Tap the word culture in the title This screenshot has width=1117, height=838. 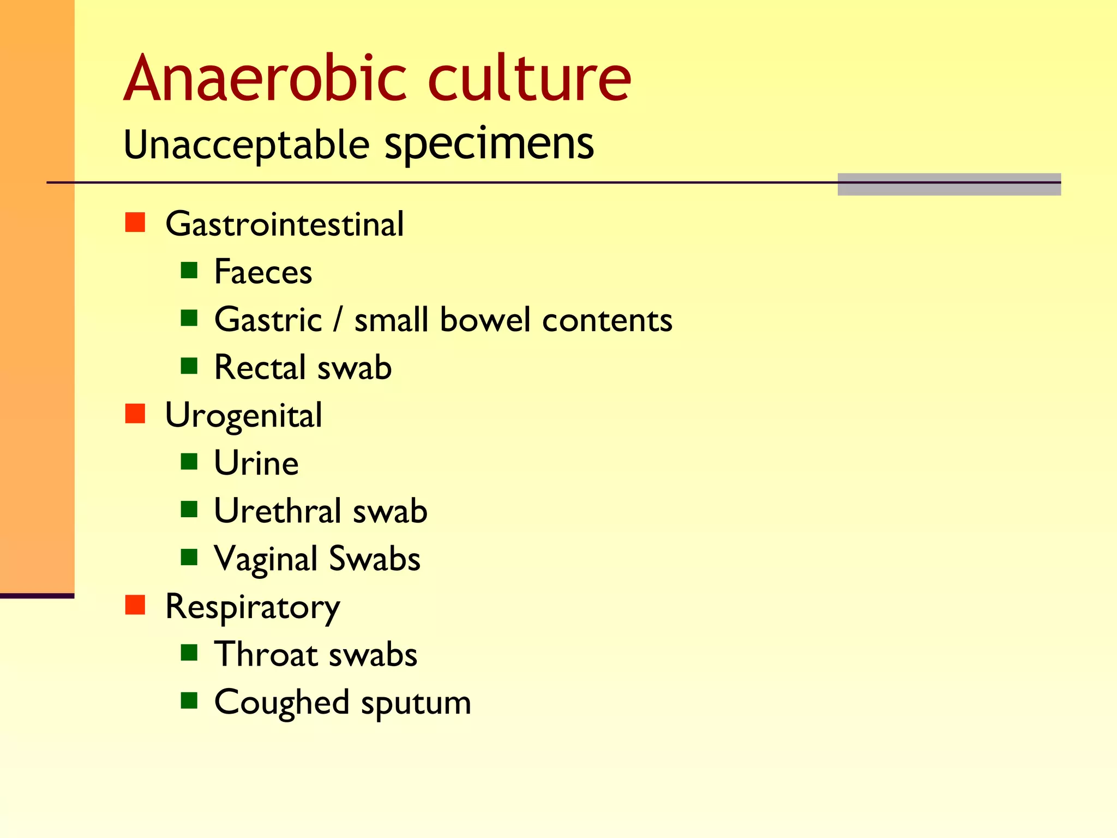[529, 79]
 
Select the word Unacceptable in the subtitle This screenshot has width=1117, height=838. [247, 145]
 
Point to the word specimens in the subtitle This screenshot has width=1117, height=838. [489, 144]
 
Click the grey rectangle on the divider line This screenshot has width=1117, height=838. [949, 184]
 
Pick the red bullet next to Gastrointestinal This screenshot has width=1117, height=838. [135, 223]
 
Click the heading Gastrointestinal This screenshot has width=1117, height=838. [284, 224]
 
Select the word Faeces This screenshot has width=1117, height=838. [263, 272]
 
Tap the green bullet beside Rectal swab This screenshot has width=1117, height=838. [189, 366]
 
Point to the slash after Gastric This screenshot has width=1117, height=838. [338, 320]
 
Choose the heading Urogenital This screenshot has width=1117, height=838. [243, 416]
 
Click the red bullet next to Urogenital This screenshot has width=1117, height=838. [135, 414]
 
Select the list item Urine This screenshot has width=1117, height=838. [256, 464]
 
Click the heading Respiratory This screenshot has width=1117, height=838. [252, 607]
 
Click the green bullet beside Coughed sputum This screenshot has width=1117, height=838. [189, 700]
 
